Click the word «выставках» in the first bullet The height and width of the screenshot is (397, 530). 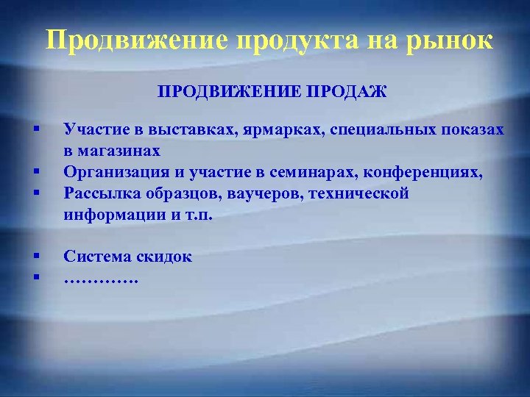(185, 130)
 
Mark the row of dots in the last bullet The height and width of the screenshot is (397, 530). (101, 279)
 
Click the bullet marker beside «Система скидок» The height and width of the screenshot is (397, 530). (35, 256)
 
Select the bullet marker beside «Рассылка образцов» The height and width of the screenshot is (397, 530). (35, 193)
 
